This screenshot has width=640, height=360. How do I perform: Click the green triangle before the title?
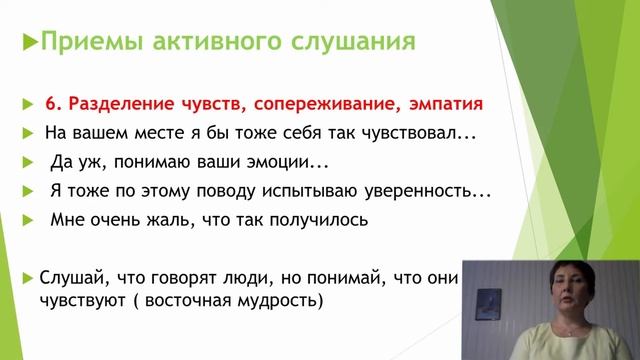[x=28, y=44]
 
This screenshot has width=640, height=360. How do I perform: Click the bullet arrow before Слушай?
[x=31, y=275]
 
